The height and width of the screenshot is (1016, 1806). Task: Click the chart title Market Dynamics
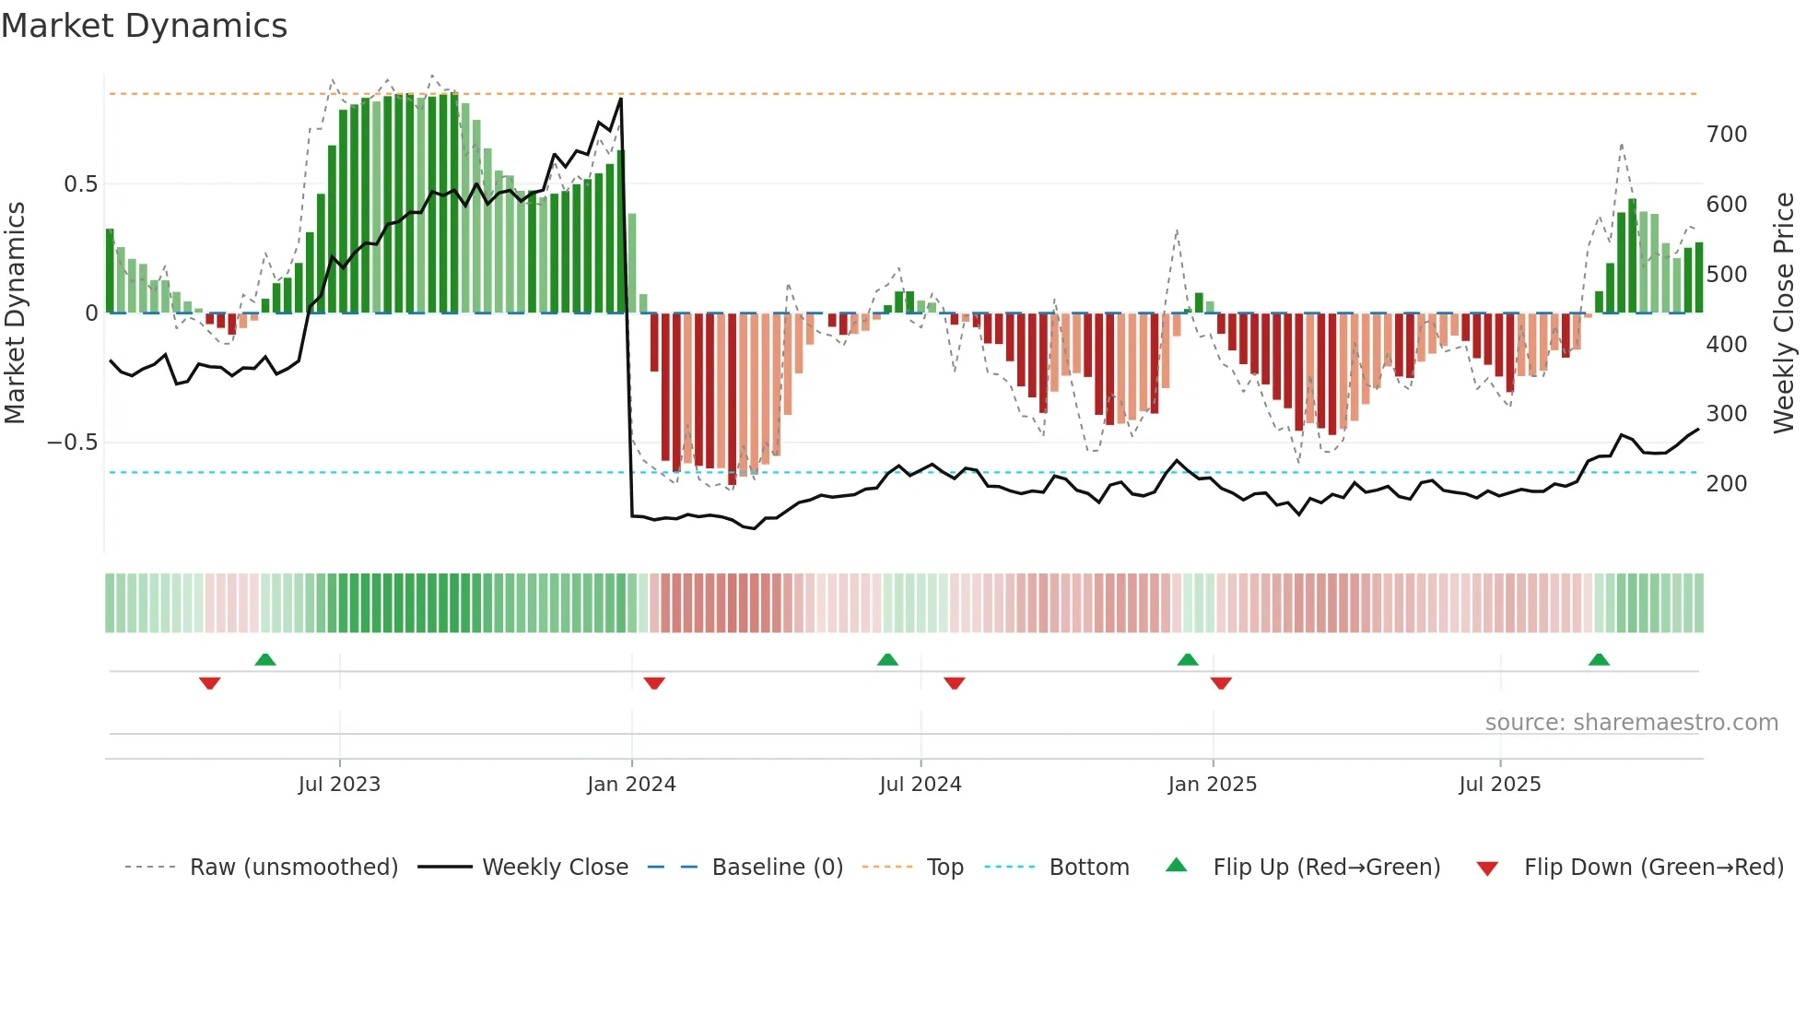[x=145, y=26]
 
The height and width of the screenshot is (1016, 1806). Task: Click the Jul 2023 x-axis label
[x=339, y=785]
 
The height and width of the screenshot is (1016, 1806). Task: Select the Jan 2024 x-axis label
[x=631, y=785]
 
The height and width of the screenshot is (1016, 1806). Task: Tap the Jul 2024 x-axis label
[x=920, y=785]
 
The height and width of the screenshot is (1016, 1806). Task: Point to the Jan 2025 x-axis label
[x=1212, y=785]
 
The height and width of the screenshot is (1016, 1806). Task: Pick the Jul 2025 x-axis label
[x=1499, y=785]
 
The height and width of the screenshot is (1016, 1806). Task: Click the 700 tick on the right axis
[x=1726, y=135]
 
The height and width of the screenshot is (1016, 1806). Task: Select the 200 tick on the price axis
[x=1726, y=484]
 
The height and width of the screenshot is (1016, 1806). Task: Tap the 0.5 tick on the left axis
[x=80, y=184]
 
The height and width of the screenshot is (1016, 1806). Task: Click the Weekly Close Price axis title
[x=1784, y=313]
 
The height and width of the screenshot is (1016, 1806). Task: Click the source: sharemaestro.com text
[x=1631, y=723]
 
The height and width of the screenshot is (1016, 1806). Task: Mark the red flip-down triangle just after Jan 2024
[x=654, y=683]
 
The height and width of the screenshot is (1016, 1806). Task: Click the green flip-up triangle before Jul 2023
[x=265, y=659]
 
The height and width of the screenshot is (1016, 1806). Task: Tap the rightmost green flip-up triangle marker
[x=1599, y=659]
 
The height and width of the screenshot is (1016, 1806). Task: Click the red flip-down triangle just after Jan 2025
[x=1221, y=683]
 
